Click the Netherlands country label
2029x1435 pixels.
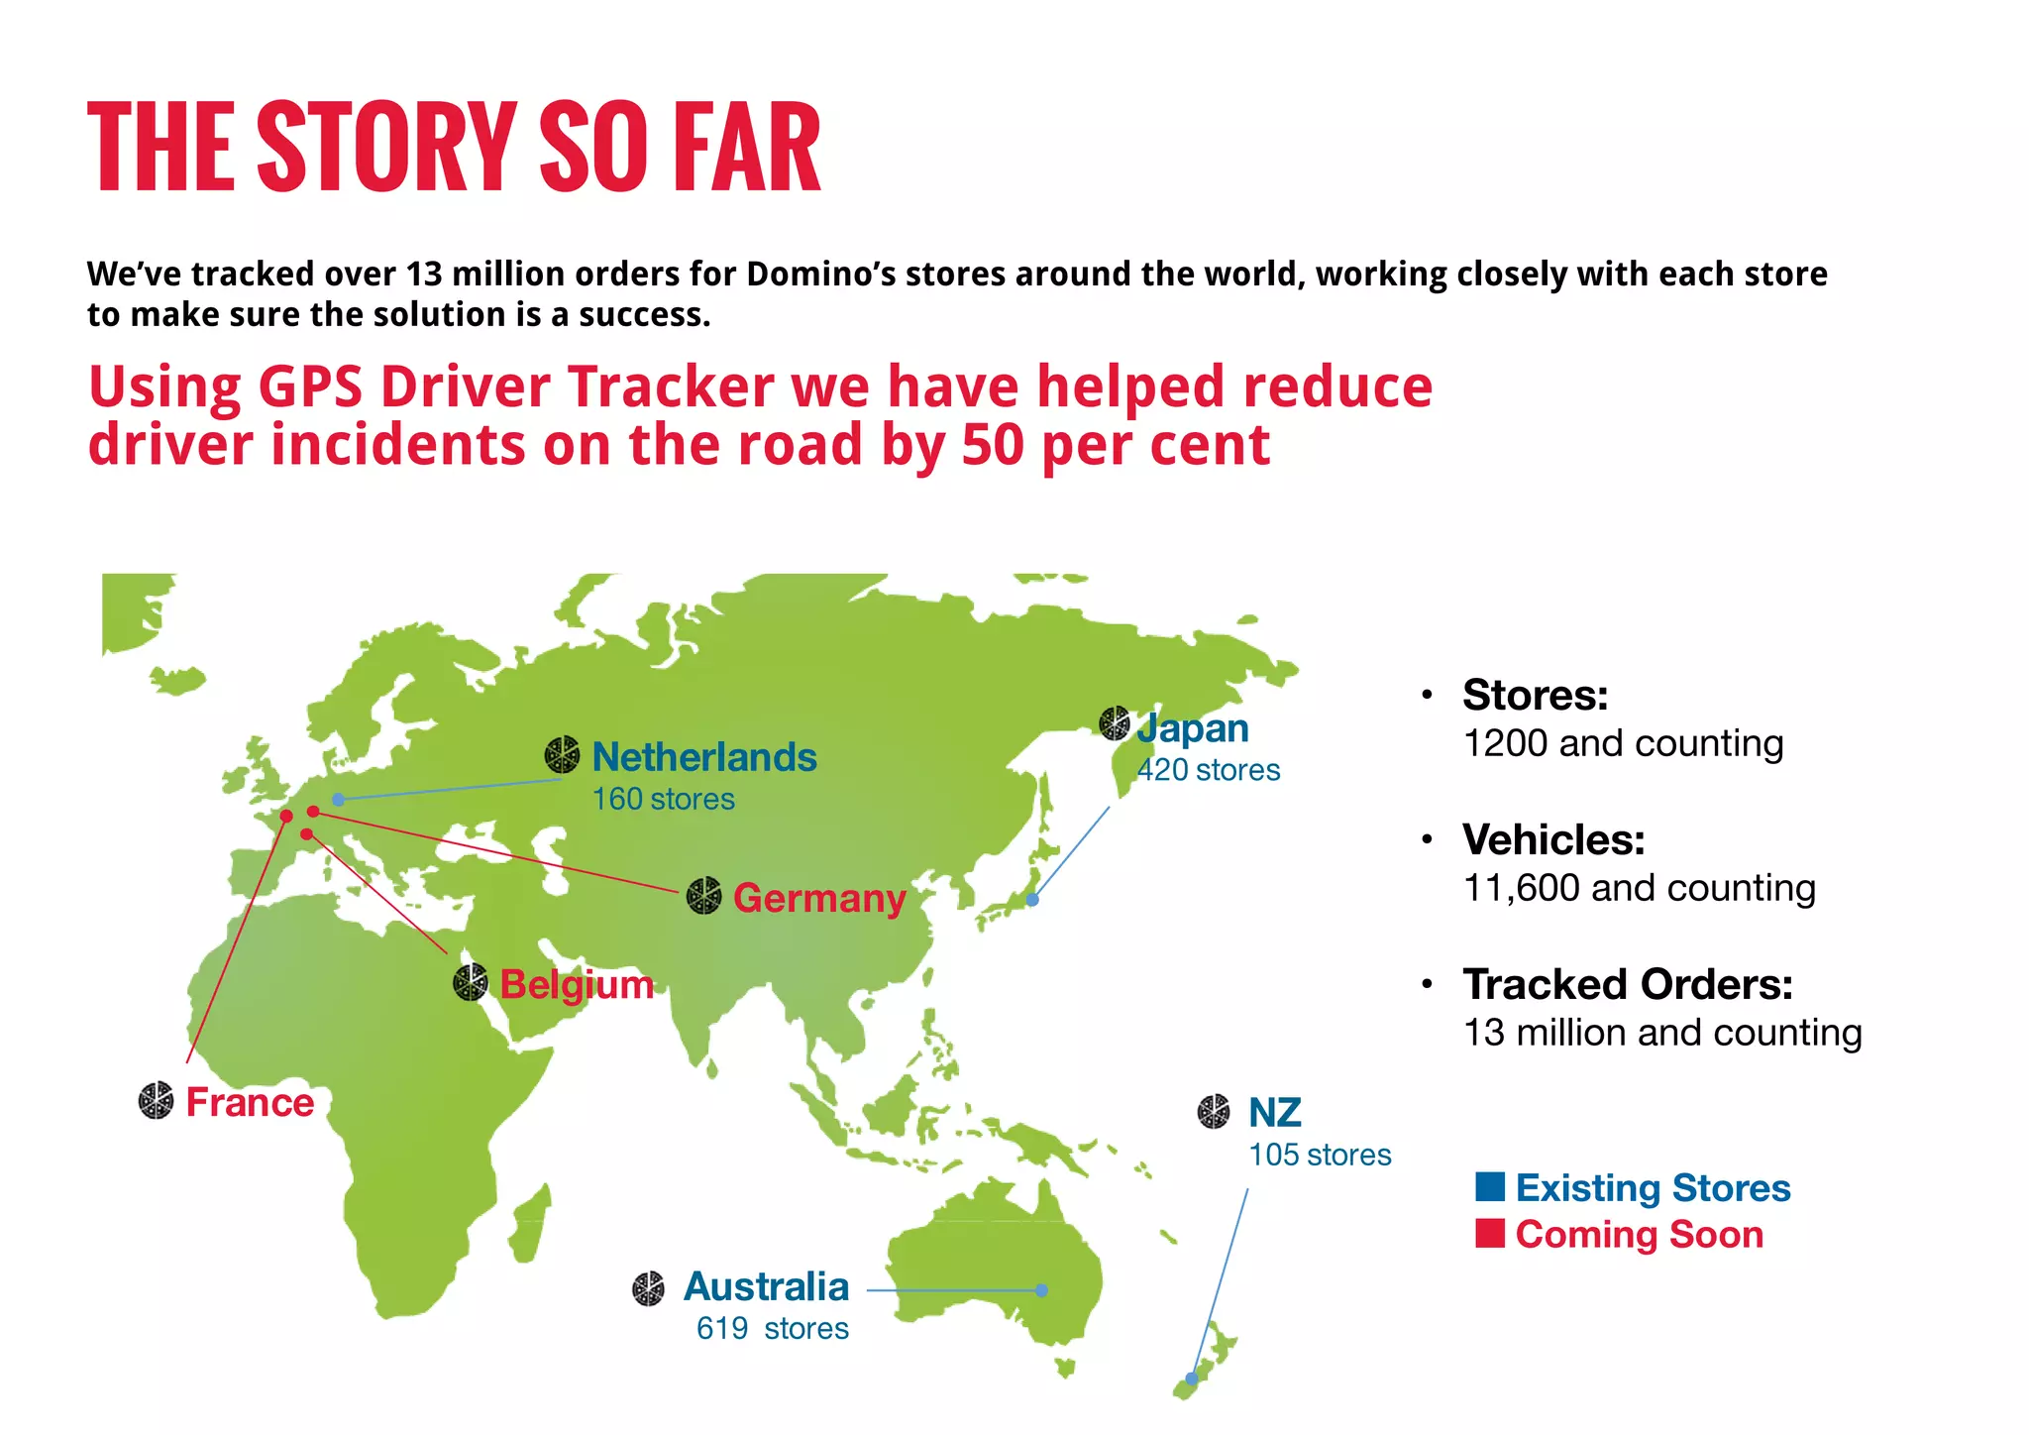pos(704,757)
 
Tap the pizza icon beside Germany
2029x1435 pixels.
pos(703,896)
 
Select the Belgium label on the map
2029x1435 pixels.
pos(577,984)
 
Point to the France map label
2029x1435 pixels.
pos(250,1102)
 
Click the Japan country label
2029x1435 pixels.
pos(1193,728)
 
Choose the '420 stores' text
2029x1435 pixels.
pos(1208,770)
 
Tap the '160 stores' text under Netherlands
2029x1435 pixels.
pos(663,799)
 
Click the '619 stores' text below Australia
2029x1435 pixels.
pos(772,1328)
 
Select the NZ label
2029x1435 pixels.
pos(1274,1113)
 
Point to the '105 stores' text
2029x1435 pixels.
pos(1320,1155)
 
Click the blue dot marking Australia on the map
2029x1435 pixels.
pos(1041,1290)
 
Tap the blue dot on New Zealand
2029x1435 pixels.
pos(1192,1379)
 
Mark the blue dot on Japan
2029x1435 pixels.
pos(1032,900)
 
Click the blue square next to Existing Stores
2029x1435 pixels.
pos(1490,1186)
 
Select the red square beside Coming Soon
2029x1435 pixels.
pos(1490,1233)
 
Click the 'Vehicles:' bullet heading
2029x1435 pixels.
pos(1553,839)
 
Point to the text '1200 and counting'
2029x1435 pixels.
pos(1623,743)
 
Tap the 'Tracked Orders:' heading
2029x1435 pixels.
pos(1628,984)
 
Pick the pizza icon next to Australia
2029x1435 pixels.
pos(649,1288)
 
